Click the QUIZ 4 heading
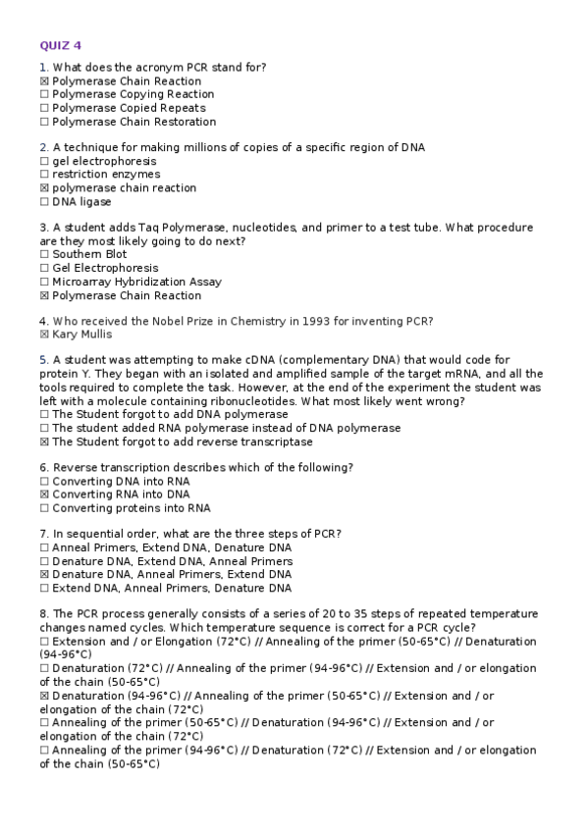point(61,45)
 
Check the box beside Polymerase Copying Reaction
point(44,95)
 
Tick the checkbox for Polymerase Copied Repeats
point(44,109)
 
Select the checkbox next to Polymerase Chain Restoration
point(44,123)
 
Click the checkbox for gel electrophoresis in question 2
point(44,162)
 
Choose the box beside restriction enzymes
point(44,175)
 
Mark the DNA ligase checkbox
point(44,202)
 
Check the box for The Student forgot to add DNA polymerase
point(44,415)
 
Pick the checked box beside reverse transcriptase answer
point(44,442)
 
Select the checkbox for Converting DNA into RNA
point(44,482)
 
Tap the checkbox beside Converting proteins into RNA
point(44,509)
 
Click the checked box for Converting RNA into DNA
point(44,495)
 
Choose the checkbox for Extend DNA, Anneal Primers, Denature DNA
point(44,589)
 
